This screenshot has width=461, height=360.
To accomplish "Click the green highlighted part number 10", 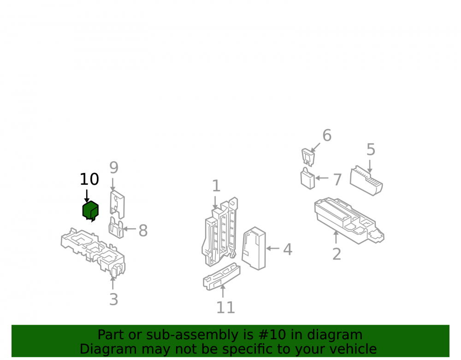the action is (90, 211).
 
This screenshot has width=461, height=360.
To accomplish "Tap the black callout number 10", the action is (89, 179).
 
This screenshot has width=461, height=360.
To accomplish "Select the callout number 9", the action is (114, 168).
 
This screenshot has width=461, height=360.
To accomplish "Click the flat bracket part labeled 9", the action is (117, 205).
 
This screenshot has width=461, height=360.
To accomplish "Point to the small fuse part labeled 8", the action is (117, 228).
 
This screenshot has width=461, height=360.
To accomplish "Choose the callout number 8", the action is (143, 230).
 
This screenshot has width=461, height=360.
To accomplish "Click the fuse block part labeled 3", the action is (93, 252).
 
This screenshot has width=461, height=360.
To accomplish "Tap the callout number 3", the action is (114, 300).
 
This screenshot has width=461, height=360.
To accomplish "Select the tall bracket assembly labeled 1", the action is (220, 232).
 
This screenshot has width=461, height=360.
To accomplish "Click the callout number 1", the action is (216, 186).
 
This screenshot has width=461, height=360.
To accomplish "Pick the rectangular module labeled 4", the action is (254, 248).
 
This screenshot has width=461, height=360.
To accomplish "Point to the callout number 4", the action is (288, 249).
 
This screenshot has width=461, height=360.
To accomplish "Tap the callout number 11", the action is (226, 308).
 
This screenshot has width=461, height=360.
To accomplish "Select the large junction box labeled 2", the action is (349, 220).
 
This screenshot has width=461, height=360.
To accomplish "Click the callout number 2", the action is (337, 254).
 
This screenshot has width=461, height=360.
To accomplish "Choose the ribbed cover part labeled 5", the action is (366, 180).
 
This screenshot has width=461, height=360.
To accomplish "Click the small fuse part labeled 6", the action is (308, 157).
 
